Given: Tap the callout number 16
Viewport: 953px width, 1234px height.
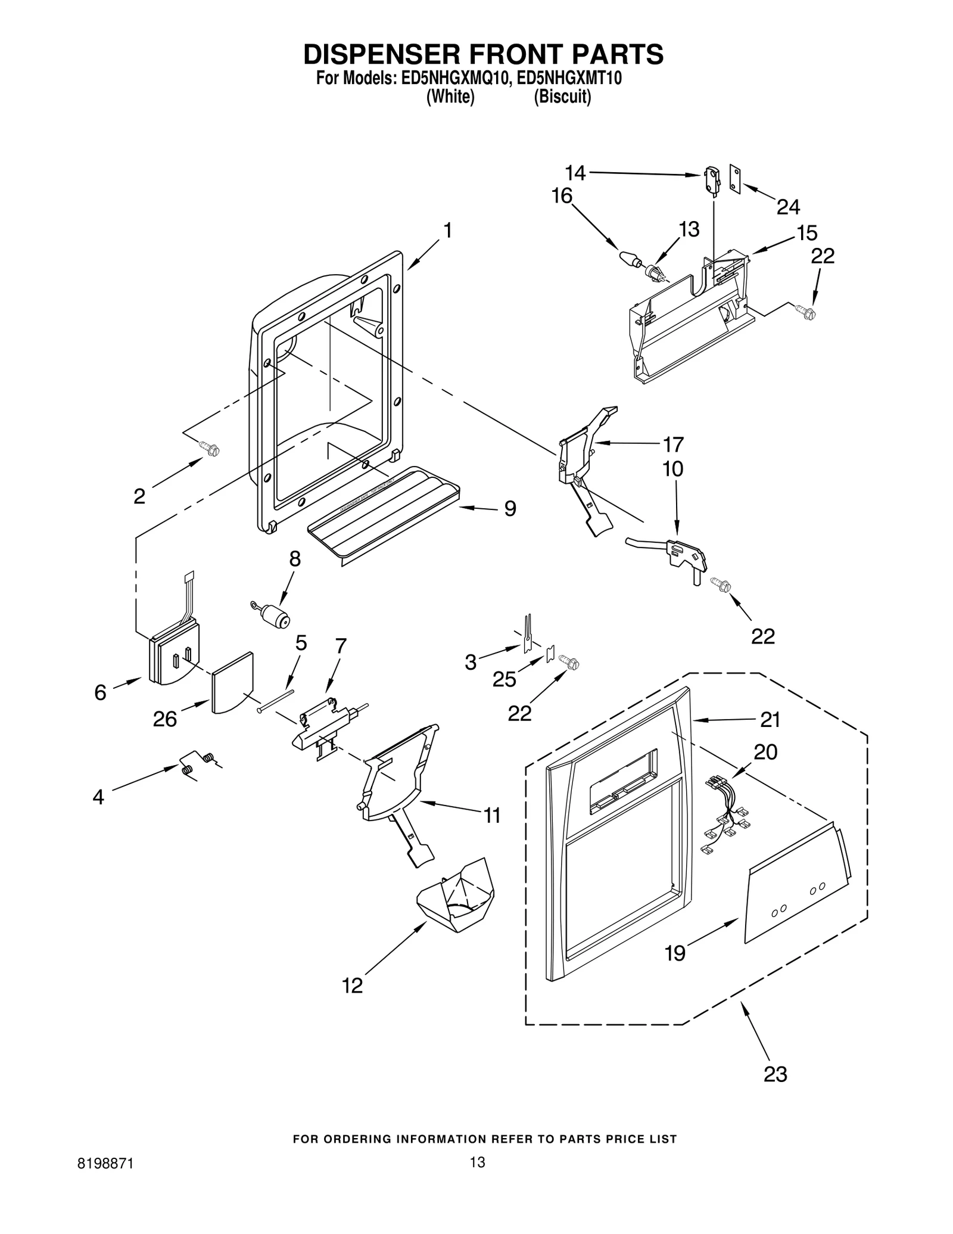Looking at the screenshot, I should tap(562, 196).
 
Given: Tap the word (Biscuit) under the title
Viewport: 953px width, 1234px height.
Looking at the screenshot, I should tap(562, 97).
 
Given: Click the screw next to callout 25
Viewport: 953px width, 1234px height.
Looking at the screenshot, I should tap(569, 662).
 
